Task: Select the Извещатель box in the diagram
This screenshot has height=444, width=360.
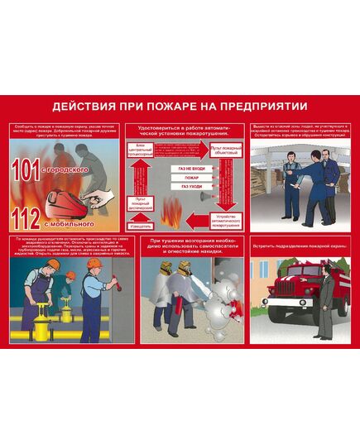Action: (x=140, y=225)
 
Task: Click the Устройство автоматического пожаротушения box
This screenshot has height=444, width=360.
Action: (x=225, y=220)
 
